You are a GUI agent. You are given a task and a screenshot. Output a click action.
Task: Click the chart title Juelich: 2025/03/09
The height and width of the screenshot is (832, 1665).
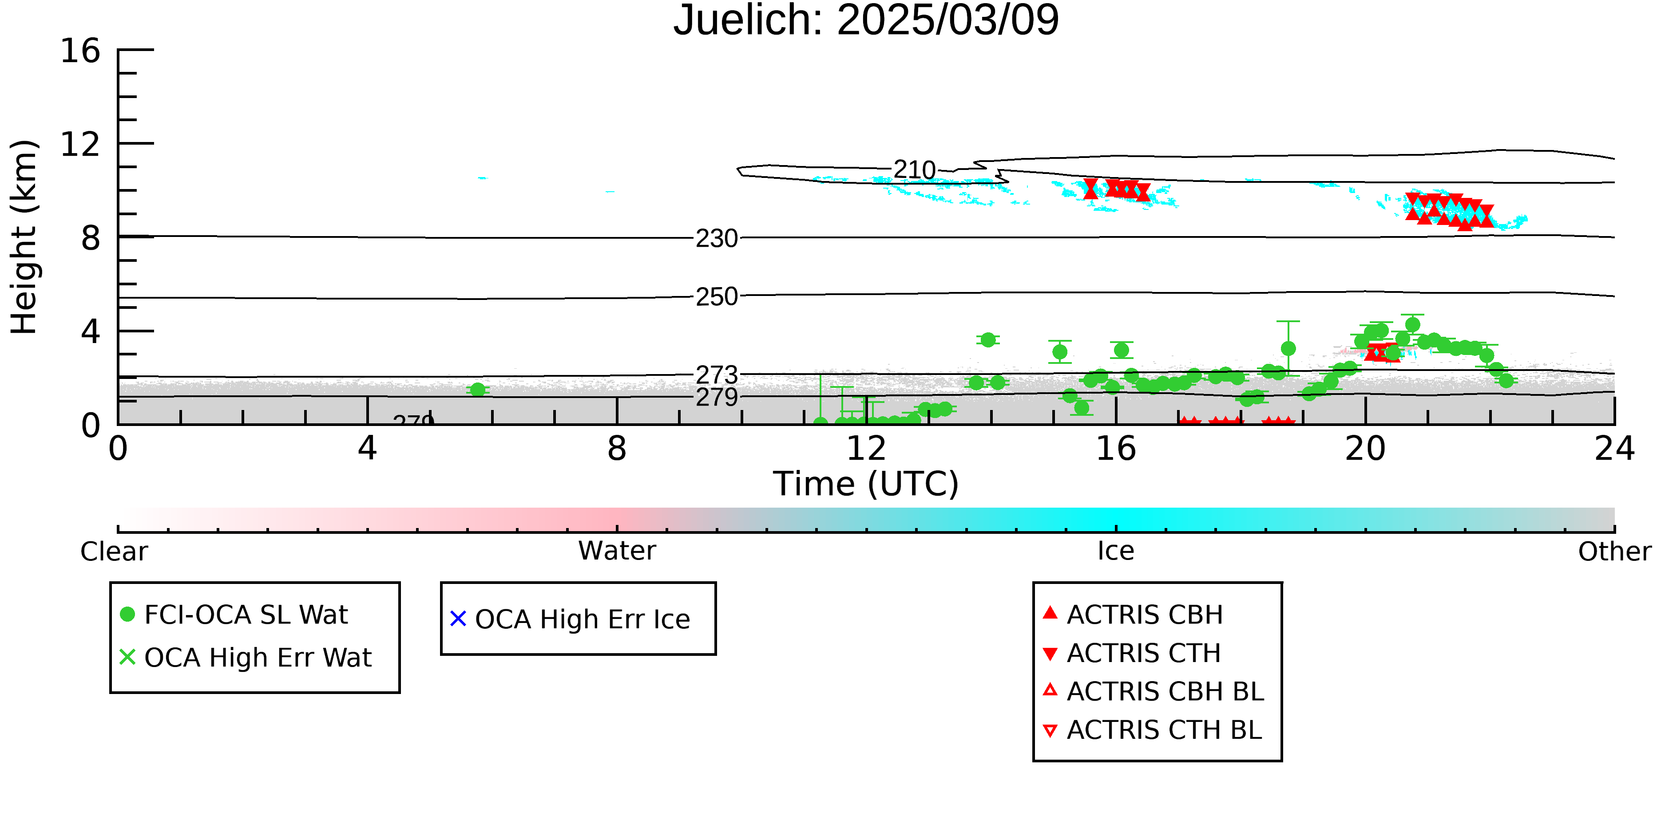click(866, 21)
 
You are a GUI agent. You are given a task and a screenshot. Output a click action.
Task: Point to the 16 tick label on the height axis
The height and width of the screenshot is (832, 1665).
click(80, 51)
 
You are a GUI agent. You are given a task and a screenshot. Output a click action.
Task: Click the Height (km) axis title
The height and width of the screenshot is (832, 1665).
click(24, 237)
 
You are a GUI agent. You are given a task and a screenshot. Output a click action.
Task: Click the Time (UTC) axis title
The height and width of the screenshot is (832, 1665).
click(866, 484)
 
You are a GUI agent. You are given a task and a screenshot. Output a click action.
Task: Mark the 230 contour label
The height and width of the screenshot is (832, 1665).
click(717, 238)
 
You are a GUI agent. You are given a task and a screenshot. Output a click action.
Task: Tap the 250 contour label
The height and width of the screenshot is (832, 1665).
click(717, 296)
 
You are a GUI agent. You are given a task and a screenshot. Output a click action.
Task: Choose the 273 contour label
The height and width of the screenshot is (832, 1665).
click(717, 375)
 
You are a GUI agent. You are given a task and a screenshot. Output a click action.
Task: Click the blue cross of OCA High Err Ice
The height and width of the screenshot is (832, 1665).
click(458, 619)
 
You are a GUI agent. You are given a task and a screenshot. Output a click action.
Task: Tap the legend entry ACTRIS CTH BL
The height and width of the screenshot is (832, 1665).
click(1153, 730)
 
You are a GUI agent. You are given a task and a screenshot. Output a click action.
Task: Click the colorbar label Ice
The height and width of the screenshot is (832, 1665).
click(1116, 551)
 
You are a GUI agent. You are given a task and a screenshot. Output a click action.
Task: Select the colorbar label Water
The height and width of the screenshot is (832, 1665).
click(617, 551)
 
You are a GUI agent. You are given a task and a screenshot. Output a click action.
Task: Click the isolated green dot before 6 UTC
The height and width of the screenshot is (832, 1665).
click(478, 390)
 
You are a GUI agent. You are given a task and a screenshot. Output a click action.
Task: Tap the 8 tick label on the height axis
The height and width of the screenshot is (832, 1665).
click(91, 238)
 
